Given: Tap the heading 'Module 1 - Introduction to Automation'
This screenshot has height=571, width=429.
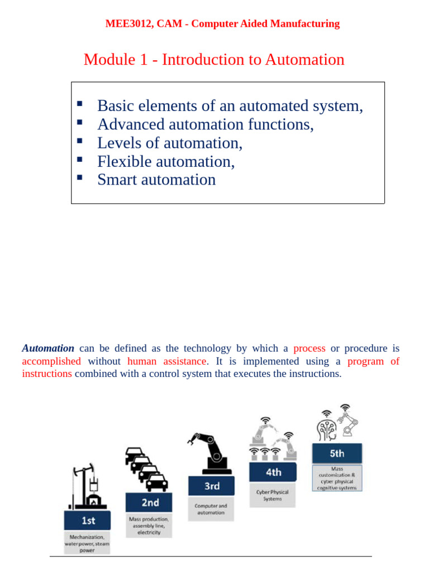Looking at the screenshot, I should [x=214, y=59].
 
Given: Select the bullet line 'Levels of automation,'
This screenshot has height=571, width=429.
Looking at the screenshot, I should [x=170, y=143].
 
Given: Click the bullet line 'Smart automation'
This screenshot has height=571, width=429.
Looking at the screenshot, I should [x=156, y=180].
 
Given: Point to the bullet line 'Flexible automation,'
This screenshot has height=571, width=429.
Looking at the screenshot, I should [x=166, y=161].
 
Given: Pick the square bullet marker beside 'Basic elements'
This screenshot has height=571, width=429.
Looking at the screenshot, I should [x=79, y=104].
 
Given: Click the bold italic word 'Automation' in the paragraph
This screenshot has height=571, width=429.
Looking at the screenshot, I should [x=48, y=349].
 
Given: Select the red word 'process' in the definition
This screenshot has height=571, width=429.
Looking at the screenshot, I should [x=309, y=349].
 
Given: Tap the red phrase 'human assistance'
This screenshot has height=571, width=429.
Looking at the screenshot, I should [x=166, y=361].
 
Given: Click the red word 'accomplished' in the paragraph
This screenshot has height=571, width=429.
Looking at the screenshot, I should [x=51, y=361].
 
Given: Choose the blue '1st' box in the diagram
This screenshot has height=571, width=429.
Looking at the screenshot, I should [x=88, y=520].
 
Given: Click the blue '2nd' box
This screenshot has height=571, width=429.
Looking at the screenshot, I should [x=150, y=502].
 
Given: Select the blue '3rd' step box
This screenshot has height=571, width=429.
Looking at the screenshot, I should [x=212, y=486].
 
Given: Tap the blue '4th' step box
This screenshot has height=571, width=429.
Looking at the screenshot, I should [x=273, y=472].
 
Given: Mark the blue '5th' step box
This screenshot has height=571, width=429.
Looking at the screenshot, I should [x=337, y=453].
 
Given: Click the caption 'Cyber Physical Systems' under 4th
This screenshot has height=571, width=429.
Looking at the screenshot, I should [x=273, y=496].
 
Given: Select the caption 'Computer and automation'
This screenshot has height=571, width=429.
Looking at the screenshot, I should [x=211, y=509].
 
